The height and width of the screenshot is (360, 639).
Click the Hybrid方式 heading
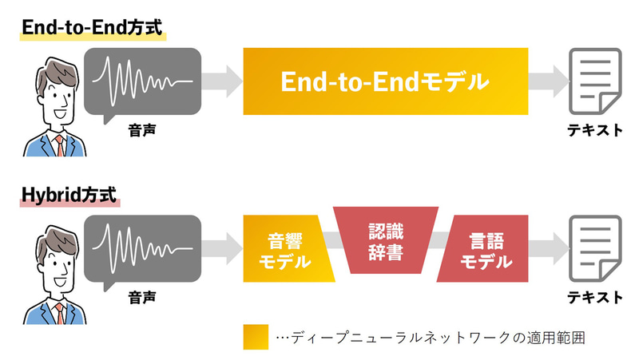click(x=69, y=193)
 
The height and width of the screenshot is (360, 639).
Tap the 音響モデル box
click(x=288, y=250)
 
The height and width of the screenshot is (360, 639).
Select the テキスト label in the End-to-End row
click(x=596, y=129)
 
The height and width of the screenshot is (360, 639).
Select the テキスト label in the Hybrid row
click(x=596, y=297)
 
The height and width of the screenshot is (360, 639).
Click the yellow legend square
click(x=256, y=336)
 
